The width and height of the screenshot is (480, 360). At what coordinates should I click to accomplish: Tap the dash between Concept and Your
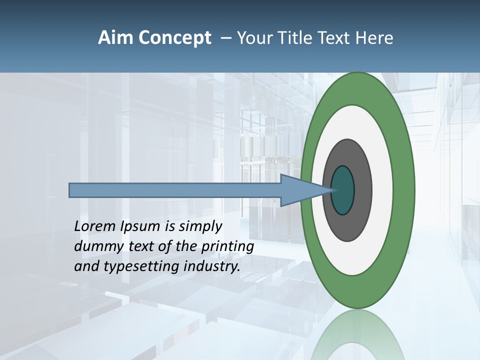pyautogui.click(x=225, y=38)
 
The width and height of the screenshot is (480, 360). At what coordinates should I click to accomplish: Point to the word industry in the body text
pyautogui.click(x=211, y=266)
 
